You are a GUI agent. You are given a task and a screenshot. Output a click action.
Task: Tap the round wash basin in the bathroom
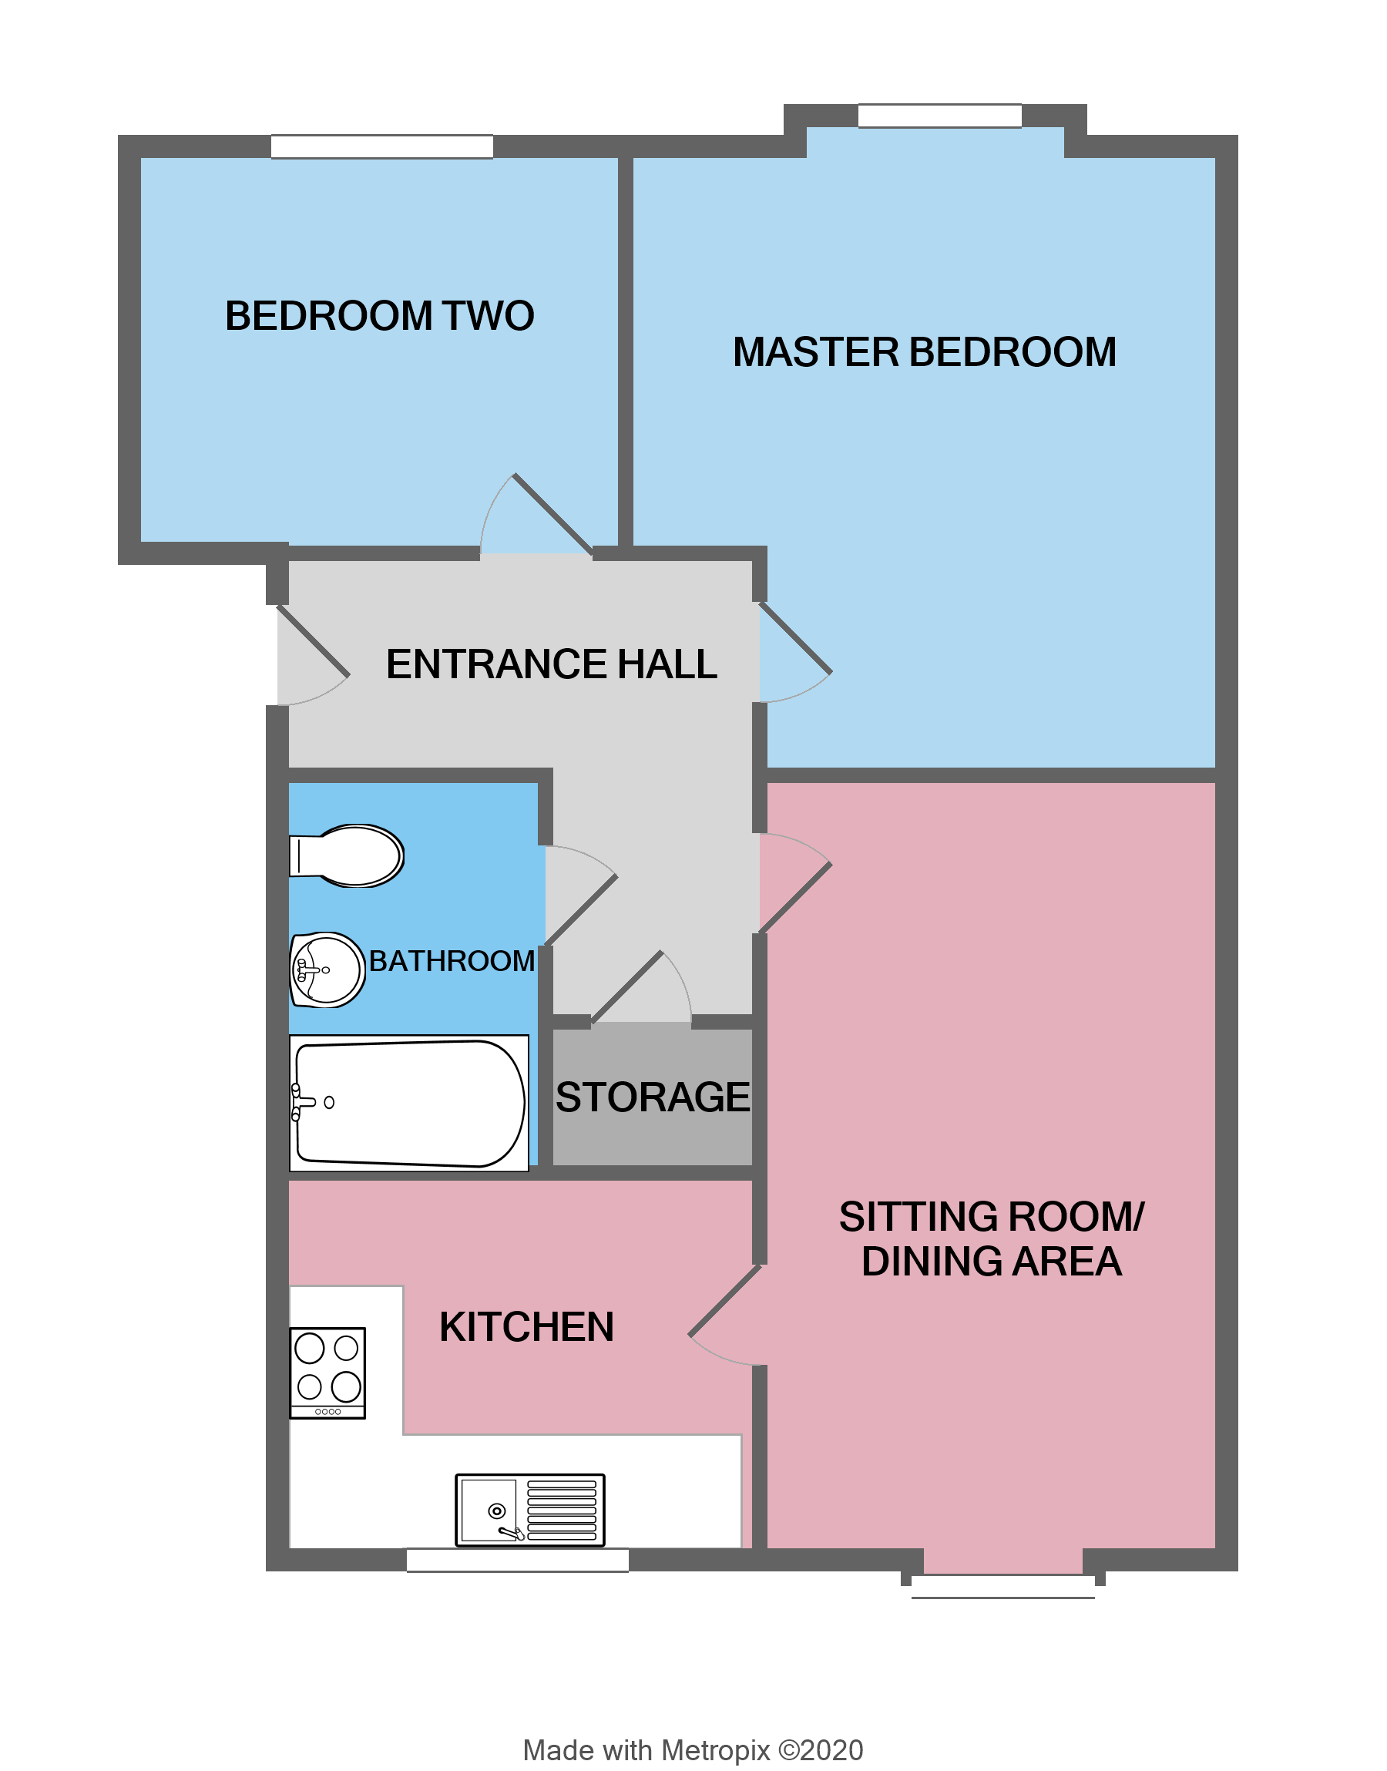coord(327,970)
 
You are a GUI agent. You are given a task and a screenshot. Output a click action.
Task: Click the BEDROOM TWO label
coord(379,316)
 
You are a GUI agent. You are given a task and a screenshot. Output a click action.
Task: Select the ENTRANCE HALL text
coord(552,664)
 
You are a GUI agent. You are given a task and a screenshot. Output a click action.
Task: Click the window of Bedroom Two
coord(381,147)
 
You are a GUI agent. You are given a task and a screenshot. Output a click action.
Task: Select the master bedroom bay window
coord(939,116)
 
